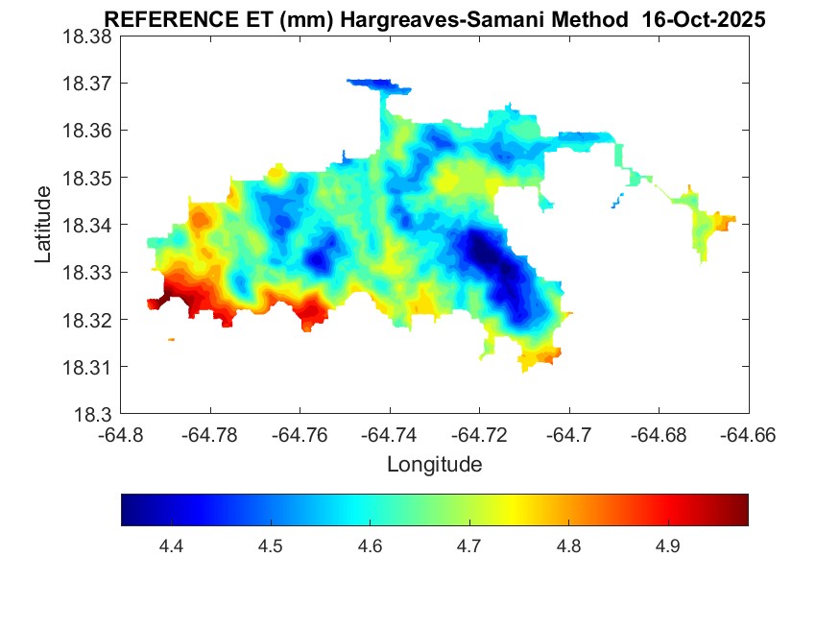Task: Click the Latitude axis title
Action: pyautogui.click(x=43, y=225)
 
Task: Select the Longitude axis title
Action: pyautogui.click(x=434, y=465)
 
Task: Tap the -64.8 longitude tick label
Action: pyautogui.click(x=121, y=434)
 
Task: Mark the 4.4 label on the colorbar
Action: pyautogui.click(x=171, y=546)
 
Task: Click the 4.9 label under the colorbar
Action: pyautogui.click(x=668, y=546)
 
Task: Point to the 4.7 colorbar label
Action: pyautogui.click(x=469, y=546)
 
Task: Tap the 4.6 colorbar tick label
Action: pyautogui.click(x=370, y=546)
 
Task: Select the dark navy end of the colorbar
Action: pyautogui.click(x=129, y=510)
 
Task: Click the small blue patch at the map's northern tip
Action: pyautogui.click(x=381, y=85)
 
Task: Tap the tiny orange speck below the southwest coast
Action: pyautogui.click(x=171, y=339)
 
